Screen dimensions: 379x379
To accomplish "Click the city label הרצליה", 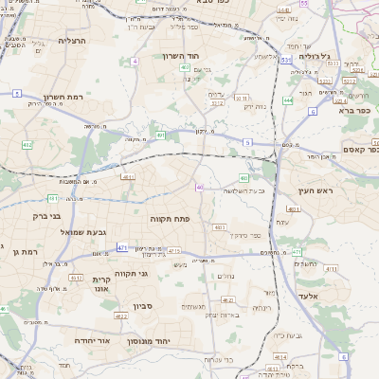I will [71, 41].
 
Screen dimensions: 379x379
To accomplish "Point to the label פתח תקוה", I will [169, 219].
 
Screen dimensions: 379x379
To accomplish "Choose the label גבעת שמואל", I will [62, 232].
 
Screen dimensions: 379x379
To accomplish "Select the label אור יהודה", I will [92, 338].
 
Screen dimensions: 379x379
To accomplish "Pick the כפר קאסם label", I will [360, 149].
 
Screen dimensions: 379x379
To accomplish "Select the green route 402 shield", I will [27, 145].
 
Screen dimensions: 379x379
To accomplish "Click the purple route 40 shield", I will [199, 188].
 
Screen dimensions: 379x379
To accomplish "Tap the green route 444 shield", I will [287, 99].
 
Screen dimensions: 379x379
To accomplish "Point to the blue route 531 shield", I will [284, 60].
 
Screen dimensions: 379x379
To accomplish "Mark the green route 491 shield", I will [161, 135].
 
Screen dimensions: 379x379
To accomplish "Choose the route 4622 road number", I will [120, 316].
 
